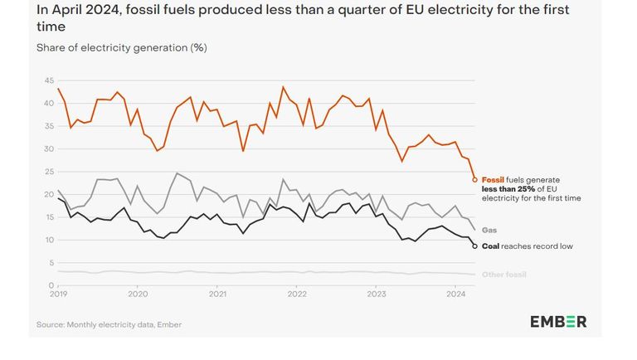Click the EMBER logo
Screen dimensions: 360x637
(x=558, y=322)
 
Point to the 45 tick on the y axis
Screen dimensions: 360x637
(x=49, y=80)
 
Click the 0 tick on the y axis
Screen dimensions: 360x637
(x=51, y=285)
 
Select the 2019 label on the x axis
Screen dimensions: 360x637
(x=59, y=294)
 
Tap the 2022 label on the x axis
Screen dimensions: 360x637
(x=297, y=294)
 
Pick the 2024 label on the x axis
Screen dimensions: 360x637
(x=455, y=294)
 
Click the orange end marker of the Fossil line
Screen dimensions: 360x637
(x=474, y=179)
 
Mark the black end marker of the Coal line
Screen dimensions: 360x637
(x=474, y=246)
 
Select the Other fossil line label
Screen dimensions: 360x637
(x=504, y=274)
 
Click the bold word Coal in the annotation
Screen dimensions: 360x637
(x=491, y=246)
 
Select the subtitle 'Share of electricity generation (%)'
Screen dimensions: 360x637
(x=121, y=47)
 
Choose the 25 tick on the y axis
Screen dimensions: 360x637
(x=49, y=172)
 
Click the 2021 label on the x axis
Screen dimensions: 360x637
(x=217, y=294)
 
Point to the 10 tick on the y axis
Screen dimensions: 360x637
(x=49, y=241)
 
